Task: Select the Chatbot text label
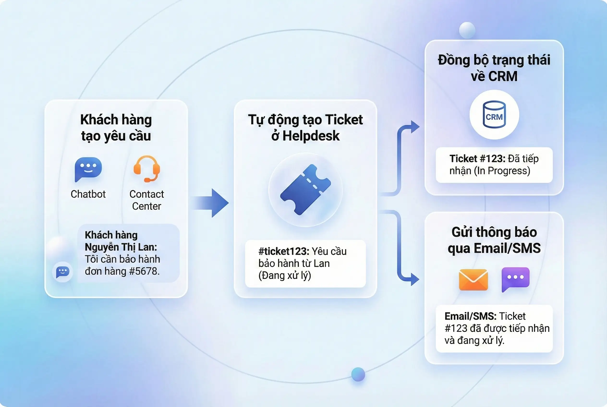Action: (88, 194)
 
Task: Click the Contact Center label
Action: (147, 200)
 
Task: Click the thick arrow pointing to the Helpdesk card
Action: (212, 203)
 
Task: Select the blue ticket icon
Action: (305, 190)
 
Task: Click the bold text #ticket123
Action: (284, 251)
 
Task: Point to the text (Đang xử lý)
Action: (285, 275)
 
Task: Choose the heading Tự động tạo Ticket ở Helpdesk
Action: (305, 127)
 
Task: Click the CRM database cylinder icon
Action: (494, 115)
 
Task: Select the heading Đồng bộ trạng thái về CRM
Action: (494, 68)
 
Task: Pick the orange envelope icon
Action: (473, 280)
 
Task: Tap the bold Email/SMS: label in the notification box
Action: (470, 316)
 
